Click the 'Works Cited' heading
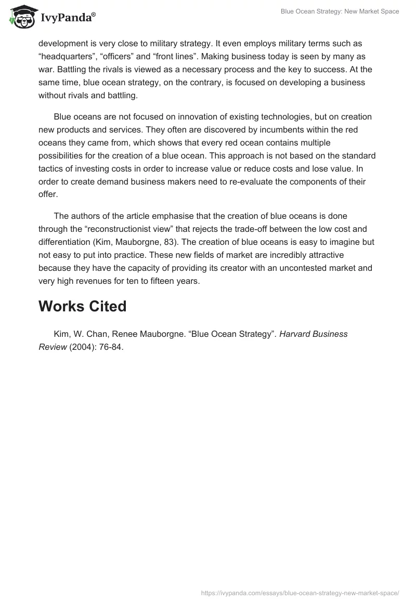82,307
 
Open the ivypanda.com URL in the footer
300,593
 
